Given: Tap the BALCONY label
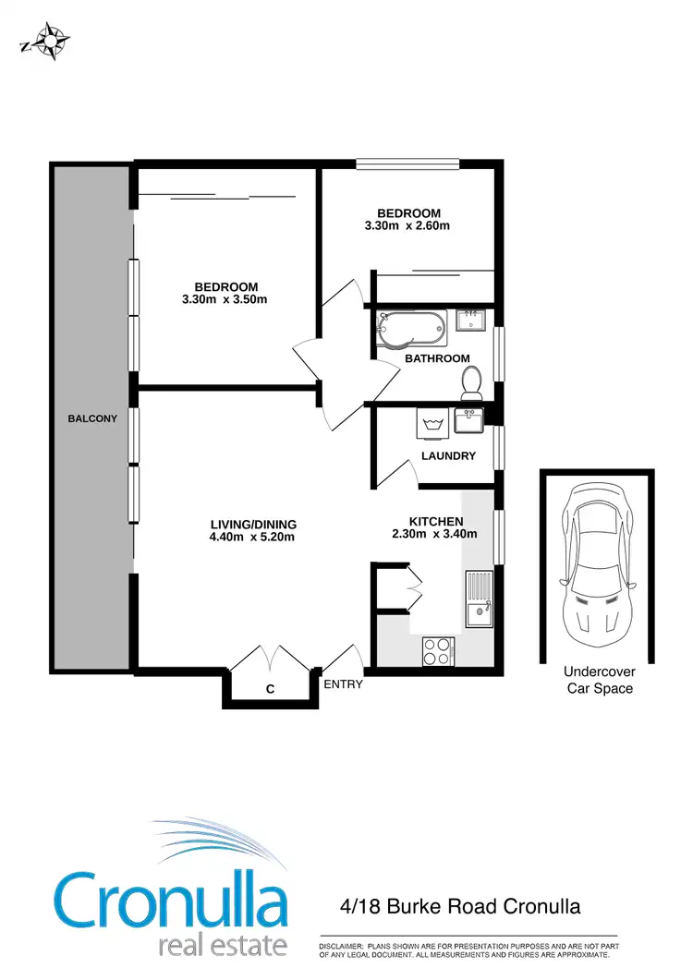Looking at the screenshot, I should coord(92,418).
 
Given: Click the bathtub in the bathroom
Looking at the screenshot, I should coord(412,328).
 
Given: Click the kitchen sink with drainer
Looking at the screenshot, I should coord(480,599).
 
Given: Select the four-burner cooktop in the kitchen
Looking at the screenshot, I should coord(436,650).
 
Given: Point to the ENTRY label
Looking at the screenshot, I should coord(343,685).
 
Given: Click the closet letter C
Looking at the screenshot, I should coord(270,689).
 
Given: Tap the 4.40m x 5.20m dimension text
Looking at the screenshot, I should coord(253,538).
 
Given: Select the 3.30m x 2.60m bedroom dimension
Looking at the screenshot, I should coord(408,226).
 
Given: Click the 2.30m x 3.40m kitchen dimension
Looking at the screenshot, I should coord(435,533).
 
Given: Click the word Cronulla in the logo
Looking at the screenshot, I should coord(171,900).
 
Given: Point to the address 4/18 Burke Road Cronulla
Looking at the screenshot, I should coord(460,906).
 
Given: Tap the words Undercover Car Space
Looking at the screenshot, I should coord(599,681).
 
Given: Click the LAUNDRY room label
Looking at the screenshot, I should coord(448,456).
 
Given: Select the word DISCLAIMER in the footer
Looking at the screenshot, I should coord(343,948).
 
